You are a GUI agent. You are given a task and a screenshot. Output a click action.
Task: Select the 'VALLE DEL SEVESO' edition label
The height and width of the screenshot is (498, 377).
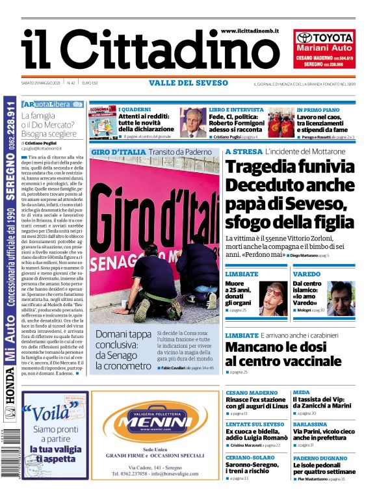[x=188, y=83]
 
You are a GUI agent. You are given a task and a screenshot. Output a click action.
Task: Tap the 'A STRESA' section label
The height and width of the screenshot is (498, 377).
[x=244, y=151]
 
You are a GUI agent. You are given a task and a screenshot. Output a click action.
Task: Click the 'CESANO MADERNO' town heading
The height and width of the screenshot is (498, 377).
[x=252, y=393]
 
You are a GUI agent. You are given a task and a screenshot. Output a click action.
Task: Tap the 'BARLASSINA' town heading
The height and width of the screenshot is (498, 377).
[x=309, y=424]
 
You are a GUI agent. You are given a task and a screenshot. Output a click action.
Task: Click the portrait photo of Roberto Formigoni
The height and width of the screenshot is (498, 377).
[x=192, y=123]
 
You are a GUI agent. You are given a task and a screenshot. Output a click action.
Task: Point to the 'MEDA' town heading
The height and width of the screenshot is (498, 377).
[x=301, y=393]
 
